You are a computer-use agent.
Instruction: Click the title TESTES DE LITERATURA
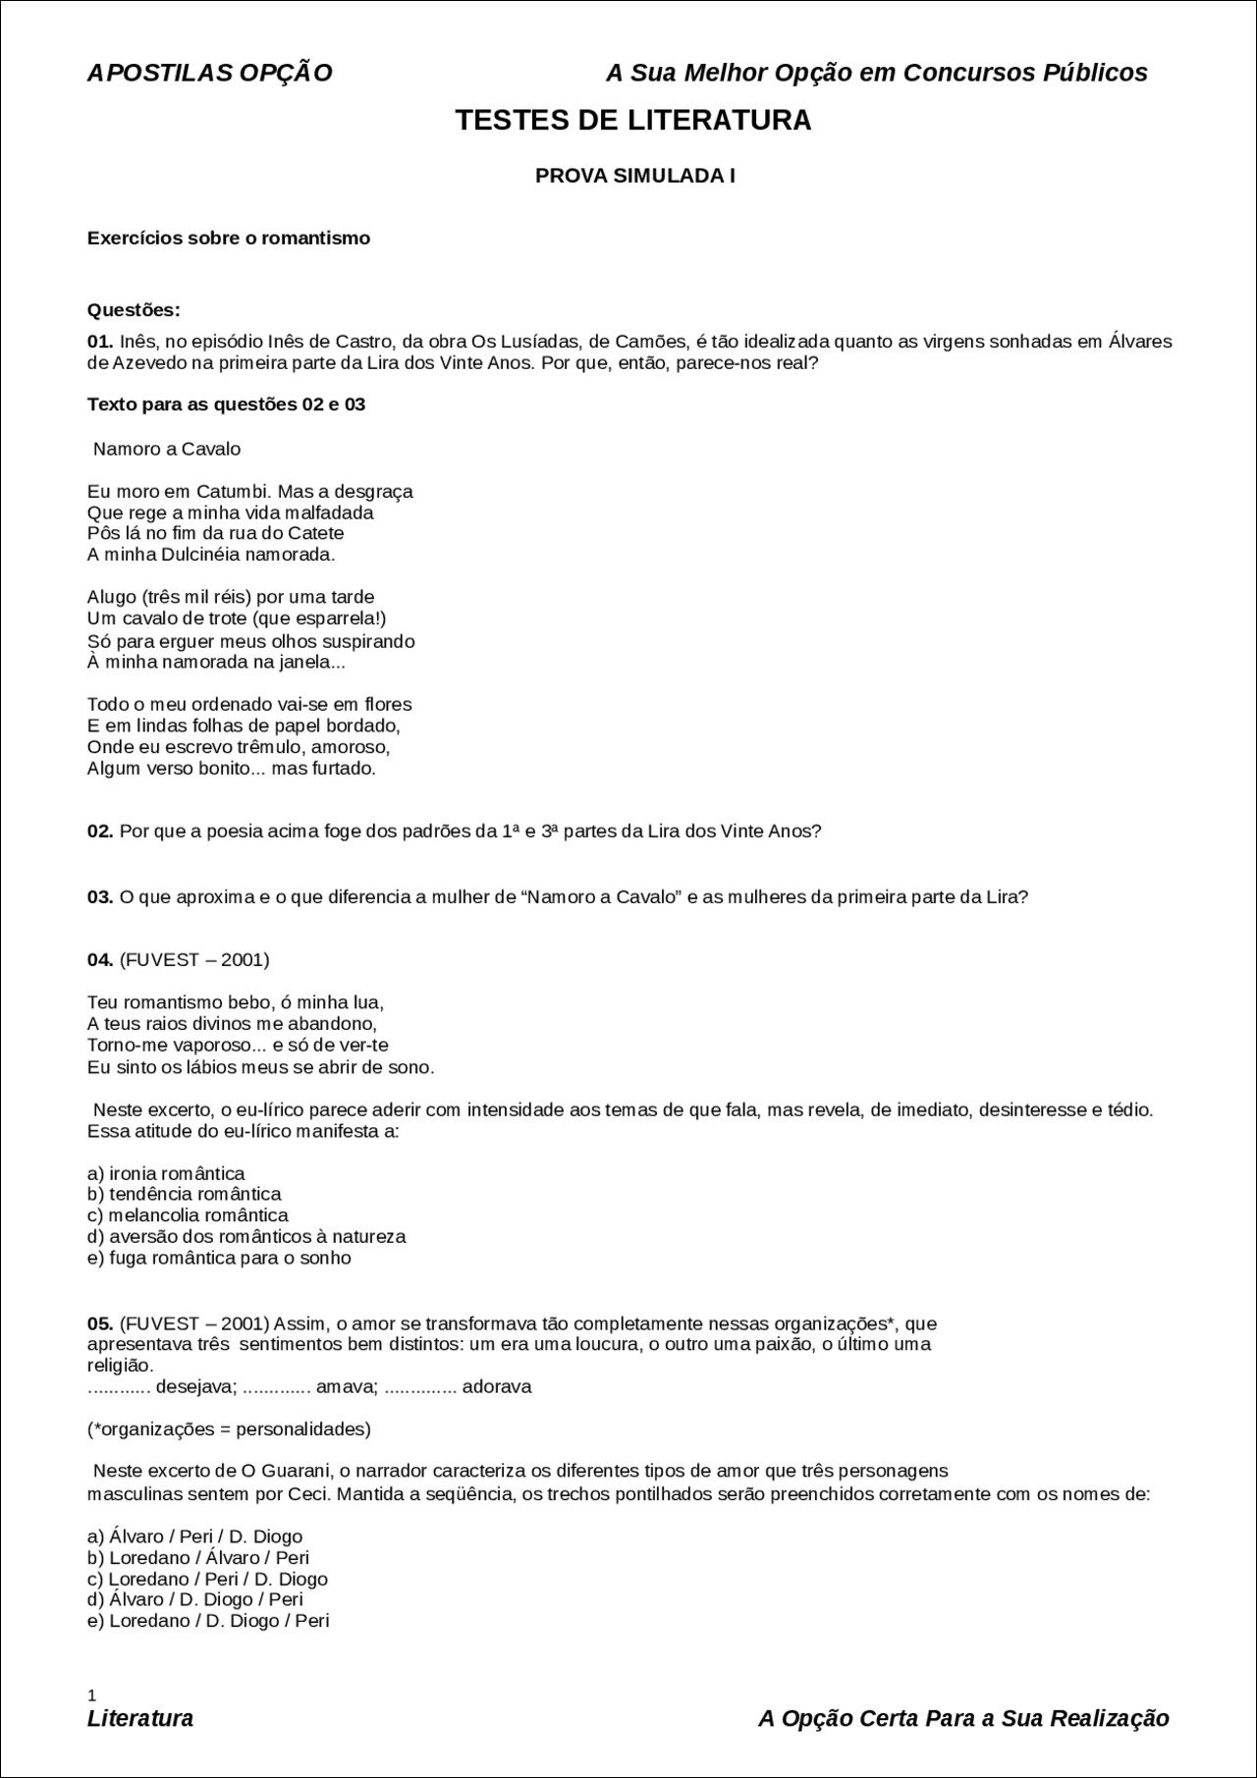pos(633,121)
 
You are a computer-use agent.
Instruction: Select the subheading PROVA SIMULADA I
pos(634,177)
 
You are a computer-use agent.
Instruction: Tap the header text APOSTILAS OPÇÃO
pos(209,73)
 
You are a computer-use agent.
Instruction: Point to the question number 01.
pos(100,342)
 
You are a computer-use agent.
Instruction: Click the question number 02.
pos(100,832)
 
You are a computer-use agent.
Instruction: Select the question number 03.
pos(100,897)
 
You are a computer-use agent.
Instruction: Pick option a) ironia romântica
pos(166,1173)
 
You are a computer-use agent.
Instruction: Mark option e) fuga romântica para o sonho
pos(219,1258)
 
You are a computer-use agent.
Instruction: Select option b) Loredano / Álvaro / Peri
pos(198,1557)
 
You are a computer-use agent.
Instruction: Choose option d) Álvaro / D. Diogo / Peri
pos(195,1599)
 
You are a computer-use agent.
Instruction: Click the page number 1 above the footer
pos(91,1695)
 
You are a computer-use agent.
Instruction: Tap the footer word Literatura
pos(140,1718)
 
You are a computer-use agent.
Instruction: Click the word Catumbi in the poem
pos(227,491)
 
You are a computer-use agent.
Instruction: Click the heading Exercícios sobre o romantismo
pos(229,239)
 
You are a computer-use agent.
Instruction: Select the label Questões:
pos(134,310)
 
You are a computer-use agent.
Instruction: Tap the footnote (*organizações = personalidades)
pos(229,1429)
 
